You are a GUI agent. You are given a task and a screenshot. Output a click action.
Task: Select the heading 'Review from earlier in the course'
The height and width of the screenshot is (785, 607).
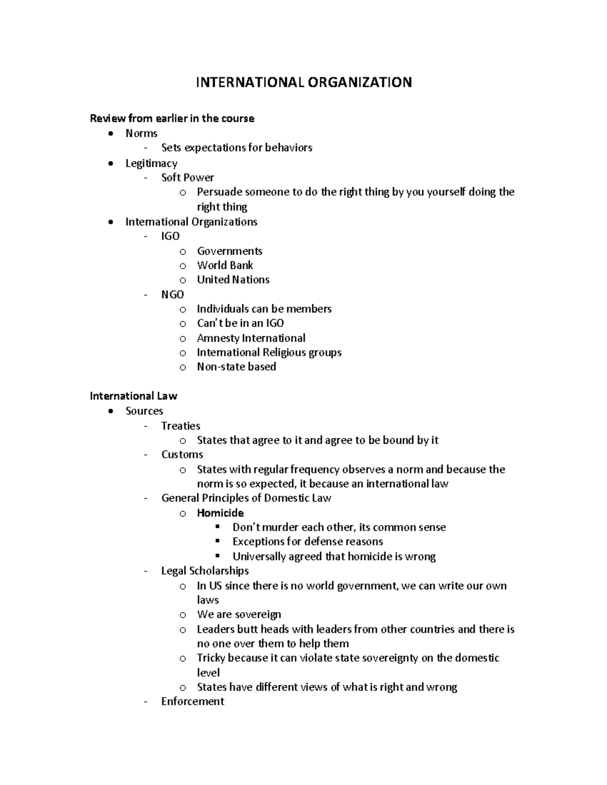172,118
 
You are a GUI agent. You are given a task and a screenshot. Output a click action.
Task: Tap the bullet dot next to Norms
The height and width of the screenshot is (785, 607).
111,133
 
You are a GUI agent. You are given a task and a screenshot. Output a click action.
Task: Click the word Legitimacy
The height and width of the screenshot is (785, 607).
151,163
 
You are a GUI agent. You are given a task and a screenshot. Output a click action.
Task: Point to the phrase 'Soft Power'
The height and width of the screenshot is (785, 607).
187,177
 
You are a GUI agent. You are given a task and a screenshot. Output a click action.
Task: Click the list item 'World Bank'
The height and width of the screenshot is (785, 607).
225,265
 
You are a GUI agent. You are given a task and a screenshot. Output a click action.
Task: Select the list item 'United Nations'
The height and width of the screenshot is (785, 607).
233,280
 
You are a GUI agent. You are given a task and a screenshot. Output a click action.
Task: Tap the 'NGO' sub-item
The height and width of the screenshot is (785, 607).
172,294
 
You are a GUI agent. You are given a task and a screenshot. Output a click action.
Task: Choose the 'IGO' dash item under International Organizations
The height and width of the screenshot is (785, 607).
170,236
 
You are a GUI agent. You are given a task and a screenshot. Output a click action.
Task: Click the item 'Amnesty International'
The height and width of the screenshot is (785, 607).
251,338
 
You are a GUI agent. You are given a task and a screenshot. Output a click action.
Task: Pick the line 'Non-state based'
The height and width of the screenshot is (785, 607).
236,366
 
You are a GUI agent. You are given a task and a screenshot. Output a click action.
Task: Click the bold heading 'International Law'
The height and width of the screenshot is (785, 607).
133,396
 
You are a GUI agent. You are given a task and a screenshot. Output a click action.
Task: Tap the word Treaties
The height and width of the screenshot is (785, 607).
181,426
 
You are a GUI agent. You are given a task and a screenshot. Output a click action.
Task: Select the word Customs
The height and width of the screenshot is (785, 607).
182,454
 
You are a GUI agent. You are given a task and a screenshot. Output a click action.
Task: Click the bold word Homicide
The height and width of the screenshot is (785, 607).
220,513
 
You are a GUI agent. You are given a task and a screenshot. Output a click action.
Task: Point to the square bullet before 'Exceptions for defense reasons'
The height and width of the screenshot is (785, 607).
218,541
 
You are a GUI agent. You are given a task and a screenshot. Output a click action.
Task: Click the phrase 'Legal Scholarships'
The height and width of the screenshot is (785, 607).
205,571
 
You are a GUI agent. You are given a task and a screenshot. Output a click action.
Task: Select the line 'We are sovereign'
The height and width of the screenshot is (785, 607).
239,615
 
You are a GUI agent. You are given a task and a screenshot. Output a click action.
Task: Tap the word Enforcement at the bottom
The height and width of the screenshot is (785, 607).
192,701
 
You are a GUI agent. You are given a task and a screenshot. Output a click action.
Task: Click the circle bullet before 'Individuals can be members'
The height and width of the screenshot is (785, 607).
183,309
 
